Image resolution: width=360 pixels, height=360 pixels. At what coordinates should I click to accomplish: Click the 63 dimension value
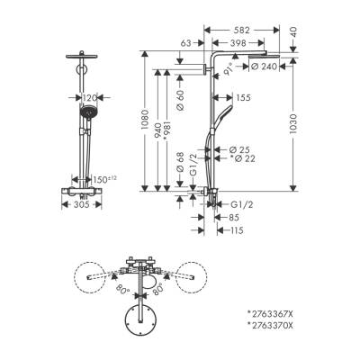tap(187, 41)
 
